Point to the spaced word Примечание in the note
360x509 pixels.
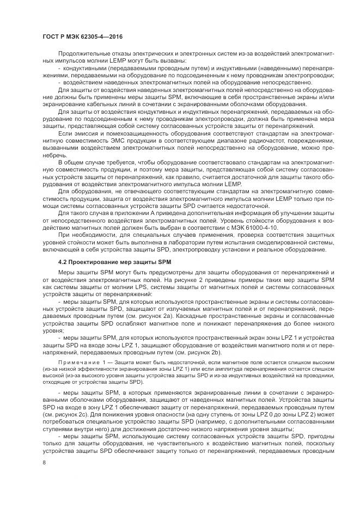pyautogui.click(x=78, y=362)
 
